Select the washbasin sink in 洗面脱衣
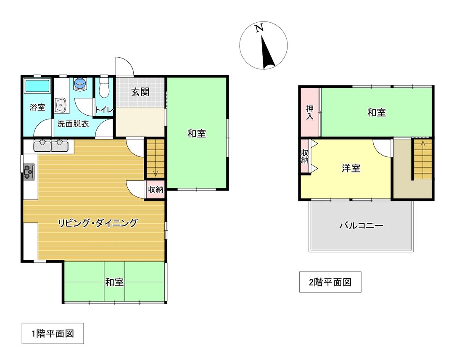click(x=61, y=105)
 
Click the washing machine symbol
click(x=80, y=84)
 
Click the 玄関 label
click(x=140, y=92)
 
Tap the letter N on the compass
click(x=259, y=29)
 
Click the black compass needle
click(x=267, y=54)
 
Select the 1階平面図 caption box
click(x=53, y=334)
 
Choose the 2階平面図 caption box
click(x=330, y=282)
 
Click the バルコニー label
click(x=361, y=226)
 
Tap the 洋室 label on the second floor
click(x=351, y=169)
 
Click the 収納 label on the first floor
click(x=155, y=190)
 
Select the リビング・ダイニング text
click(x=98, y=223)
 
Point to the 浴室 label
click(x=37, y=107)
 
